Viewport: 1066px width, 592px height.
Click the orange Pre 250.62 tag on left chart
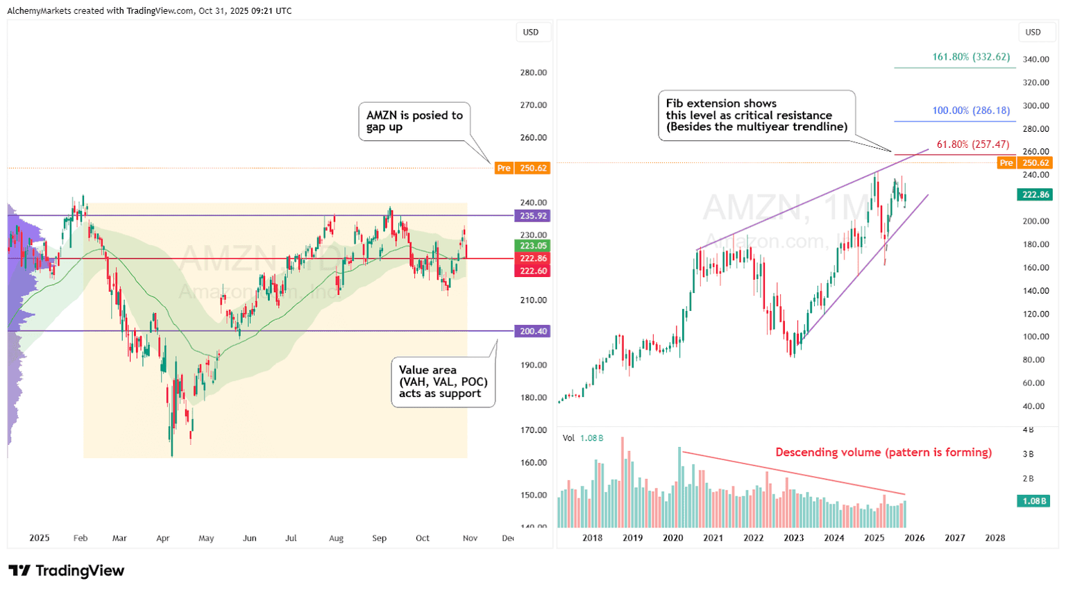(x=522, y=168)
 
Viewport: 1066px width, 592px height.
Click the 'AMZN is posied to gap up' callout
(x=414, y=121)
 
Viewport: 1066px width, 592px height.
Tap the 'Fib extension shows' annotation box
(x=756, y=115)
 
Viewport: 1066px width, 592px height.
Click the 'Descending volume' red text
(x=883, y=453)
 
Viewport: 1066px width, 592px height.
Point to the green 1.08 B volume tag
(x=1033, y=501)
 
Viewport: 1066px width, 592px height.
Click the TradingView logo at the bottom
(x=67, y=570)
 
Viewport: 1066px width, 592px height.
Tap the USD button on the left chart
(x=531, y=32)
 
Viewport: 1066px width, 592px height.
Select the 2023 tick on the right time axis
(x=793, y=538)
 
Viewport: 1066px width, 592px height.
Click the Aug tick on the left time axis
(x=336, y=538)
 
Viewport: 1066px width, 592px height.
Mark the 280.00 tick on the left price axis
(x=533, y=73)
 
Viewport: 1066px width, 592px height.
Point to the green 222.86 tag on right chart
(x=1035, y=195)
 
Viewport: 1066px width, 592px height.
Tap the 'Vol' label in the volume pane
(x=568, y=438)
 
